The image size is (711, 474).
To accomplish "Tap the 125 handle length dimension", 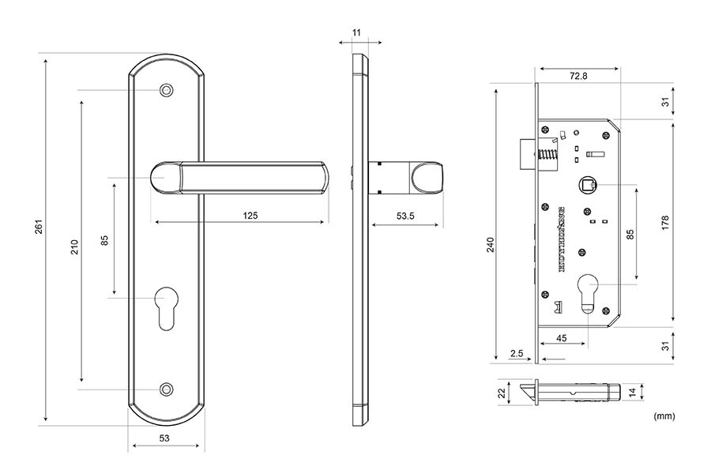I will click(250, 215).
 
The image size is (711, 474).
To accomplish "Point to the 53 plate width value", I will click(164, 437).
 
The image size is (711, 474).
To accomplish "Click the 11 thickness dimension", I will click(356, 32).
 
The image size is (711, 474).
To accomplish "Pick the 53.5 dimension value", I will click(406, 215).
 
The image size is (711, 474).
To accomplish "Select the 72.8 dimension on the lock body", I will click(577, 76).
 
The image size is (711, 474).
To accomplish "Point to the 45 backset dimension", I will click(562, 337).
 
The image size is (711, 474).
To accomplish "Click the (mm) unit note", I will click(664, 415).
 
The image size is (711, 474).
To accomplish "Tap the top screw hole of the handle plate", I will click(166, 90).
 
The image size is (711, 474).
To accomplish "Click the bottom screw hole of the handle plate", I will click(166, 389).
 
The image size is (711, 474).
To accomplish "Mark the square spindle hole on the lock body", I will click(589, 185).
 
